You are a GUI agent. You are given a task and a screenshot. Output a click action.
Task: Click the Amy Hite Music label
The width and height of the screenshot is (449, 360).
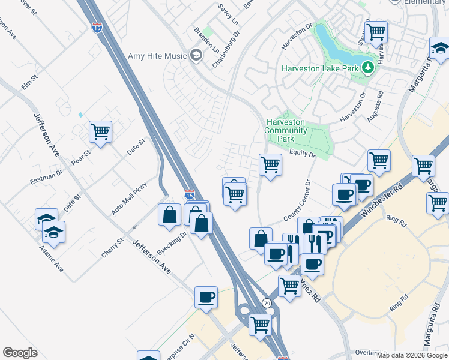(x=158, y=56)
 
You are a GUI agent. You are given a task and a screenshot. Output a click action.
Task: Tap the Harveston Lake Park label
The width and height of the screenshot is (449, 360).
(x=321, y=68)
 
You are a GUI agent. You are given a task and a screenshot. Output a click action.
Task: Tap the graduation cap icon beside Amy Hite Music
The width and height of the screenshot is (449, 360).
(x=196, y=56)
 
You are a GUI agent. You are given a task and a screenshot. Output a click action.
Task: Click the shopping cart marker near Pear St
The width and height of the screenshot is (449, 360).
(x=101, y=131)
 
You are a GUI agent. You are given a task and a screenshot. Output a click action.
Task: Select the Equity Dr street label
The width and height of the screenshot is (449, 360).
(x=303, y=154)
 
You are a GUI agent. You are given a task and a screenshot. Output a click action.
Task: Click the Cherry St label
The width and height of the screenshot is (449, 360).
(x=112, y=248)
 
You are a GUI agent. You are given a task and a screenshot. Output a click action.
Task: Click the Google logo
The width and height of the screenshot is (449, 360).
(x=20, y=353)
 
